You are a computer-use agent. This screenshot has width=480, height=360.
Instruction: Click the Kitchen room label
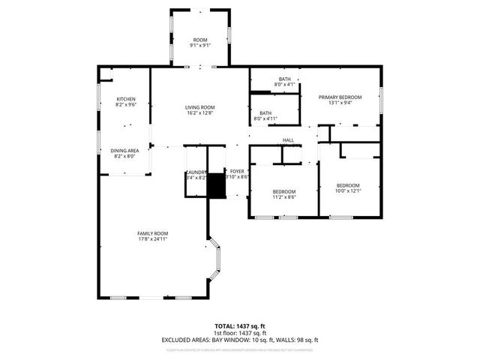pyautogui.click(x=126, y=99)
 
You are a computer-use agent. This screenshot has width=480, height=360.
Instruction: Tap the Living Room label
pyautogui.click(x=200, y=107)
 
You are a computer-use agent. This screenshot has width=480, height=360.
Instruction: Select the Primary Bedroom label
pyautogui.click(x=340, y=97)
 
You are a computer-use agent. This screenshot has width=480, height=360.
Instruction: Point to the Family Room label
pyautogui.click(x=152, y=233)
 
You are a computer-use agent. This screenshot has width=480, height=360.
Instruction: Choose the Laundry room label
pyautogui.click(x=196, y=172)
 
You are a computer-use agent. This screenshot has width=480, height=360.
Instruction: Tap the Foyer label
pyautogui.click(x=237, y=172)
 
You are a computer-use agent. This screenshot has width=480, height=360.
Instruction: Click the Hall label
pyautogui.click(x=288, y=140)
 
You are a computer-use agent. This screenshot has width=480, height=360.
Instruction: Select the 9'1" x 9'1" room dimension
pyautogui.click(x=200, y=45)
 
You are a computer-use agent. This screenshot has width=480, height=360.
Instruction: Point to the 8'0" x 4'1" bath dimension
pyautogui.click(x=285, y=85)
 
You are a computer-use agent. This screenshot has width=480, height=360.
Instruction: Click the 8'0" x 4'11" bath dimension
pyautogui.click(x=265, y=118)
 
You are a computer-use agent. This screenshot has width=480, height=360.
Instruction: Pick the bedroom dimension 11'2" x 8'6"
pyautogui.click(x=284, y=196)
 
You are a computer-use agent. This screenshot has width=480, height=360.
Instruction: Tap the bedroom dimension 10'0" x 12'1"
pyautogui.click(x=348, y=191)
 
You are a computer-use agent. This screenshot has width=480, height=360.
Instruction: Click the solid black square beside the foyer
pyautogui.click(x=216, y=185)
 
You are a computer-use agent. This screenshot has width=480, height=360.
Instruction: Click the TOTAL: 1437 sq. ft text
pyautogui.click(x=239, y=326)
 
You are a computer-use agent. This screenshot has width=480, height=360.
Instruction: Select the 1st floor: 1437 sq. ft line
pyautogui.click(x=239, y=333)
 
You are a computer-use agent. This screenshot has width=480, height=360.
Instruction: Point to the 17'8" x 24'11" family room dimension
pyautogui.click(x=152, y=239)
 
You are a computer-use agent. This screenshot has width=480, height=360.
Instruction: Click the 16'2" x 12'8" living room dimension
pyautogui.click(x=200, y=113)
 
